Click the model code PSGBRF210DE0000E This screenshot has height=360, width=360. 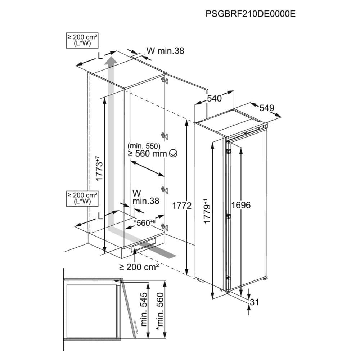[251, 14]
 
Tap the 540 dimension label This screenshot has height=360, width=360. [214, 99]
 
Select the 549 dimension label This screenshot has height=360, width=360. [267, 108]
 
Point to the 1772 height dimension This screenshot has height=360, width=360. [182, 206]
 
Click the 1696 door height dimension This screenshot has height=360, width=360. [241, 205]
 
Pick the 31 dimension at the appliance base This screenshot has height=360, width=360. [255, 302]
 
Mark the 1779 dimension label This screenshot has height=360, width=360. [207, 211]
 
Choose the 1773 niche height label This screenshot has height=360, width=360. [99, 168]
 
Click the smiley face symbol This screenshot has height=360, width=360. [173, 153]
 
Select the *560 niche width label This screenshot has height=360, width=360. [144, 222]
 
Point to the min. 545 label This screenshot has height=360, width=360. [144, 309]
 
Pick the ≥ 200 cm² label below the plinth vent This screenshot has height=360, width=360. [139, 266]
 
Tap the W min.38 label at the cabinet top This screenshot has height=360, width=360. [165, 51]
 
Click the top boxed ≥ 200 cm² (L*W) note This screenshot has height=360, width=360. [82, 40]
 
